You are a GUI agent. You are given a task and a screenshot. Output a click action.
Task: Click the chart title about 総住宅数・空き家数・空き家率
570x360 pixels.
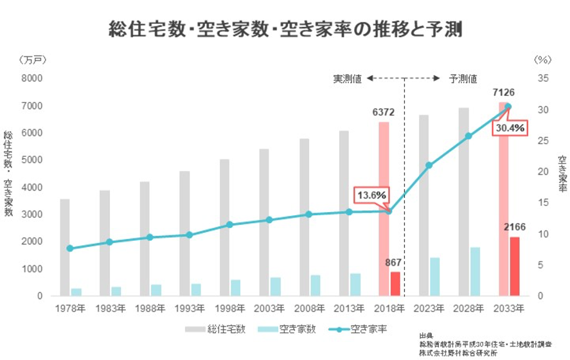click(285, 29)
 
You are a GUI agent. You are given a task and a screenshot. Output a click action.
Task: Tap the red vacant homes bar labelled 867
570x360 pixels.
click(395, 283)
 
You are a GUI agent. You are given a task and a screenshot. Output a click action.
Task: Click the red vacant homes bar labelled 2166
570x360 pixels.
click(515, 266)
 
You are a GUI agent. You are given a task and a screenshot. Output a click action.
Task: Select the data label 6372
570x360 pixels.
click(383, 113)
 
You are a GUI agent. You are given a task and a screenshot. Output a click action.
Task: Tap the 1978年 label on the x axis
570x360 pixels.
click(70, 309)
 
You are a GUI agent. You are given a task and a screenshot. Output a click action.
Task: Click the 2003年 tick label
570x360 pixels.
click(269, 309)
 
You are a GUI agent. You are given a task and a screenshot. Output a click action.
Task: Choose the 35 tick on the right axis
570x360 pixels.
click(542, 78)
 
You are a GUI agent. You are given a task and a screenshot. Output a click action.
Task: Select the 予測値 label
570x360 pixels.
click(463, 78)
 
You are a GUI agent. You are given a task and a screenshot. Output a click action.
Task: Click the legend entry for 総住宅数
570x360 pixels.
click(216, 330)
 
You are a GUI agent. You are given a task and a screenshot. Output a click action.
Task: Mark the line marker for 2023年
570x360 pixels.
click(429, 165)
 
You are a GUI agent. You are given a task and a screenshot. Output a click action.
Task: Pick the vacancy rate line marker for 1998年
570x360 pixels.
click(230, 225)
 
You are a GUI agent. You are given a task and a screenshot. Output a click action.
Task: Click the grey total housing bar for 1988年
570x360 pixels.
click(145, 239)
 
